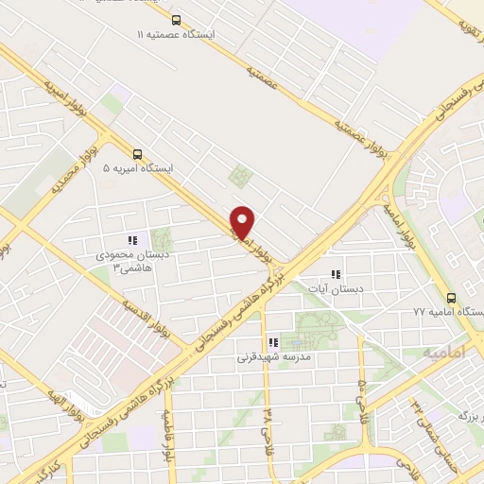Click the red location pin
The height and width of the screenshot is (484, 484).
243,221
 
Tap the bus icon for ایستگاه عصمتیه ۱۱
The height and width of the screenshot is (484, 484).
176,19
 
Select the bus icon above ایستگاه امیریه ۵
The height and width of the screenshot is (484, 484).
139,154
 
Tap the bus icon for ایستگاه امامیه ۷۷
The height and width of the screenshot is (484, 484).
451,295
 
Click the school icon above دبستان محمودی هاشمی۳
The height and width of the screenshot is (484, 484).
132,240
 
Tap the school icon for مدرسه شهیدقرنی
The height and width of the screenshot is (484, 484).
273,344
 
